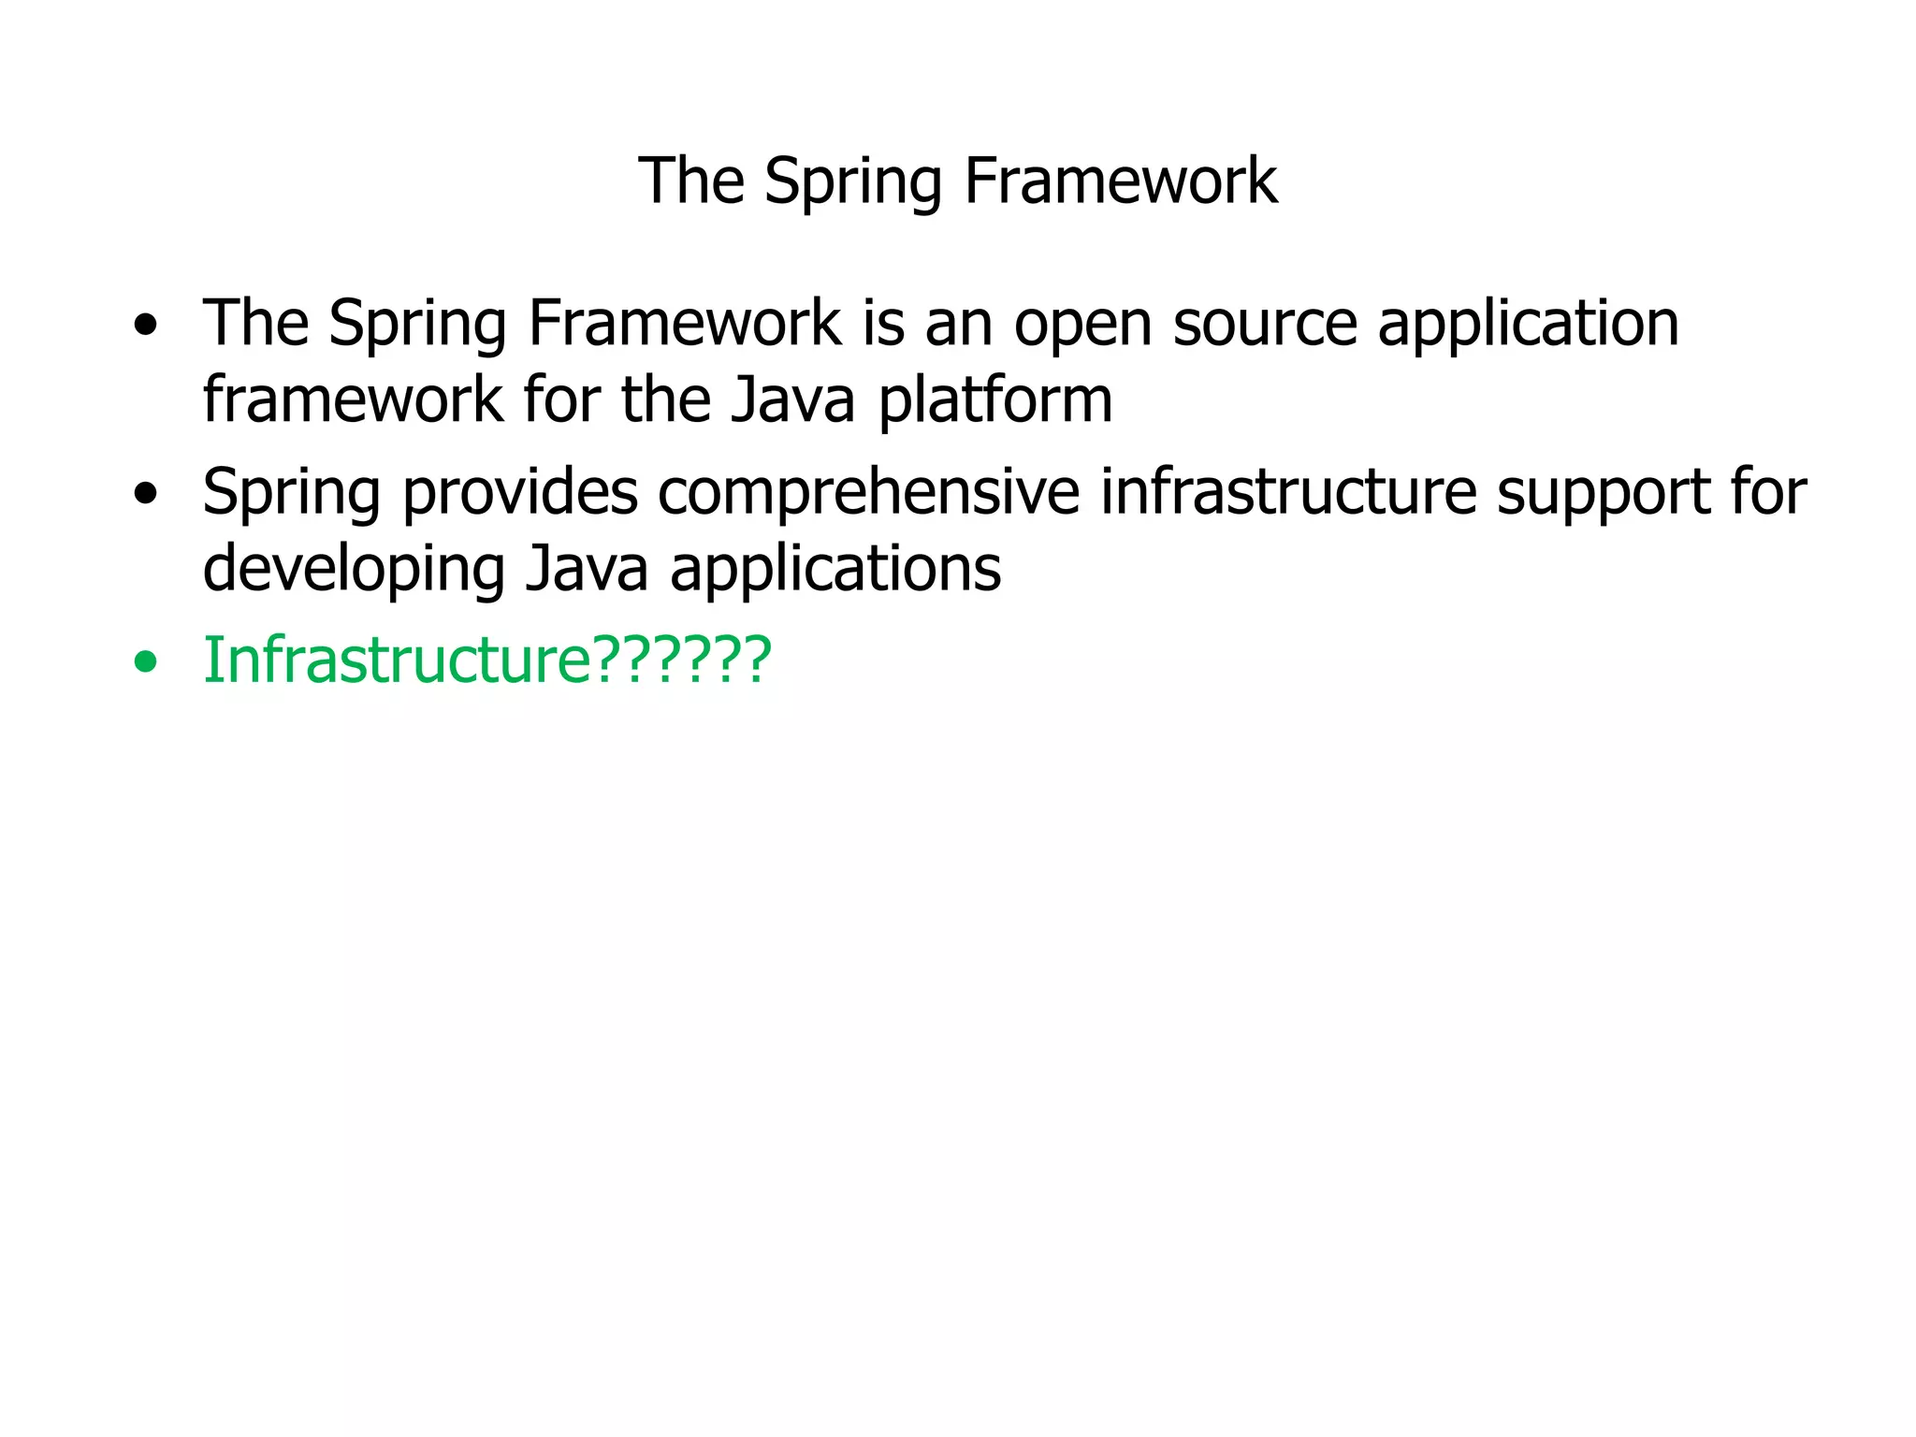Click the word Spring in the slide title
pos(852,181)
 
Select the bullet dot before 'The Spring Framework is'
pos(145,327)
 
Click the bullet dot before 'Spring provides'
pos(145,494)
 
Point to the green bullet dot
pos(145,663)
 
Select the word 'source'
pos(1265,324)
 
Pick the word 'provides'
pos(520,493)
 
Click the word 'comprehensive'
pos(869,493)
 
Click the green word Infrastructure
pos(397,660)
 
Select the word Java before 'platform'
pos(792,400)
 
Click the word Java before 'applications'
pos(587,570)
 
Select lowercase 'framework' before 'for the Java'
pos(353,400)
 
